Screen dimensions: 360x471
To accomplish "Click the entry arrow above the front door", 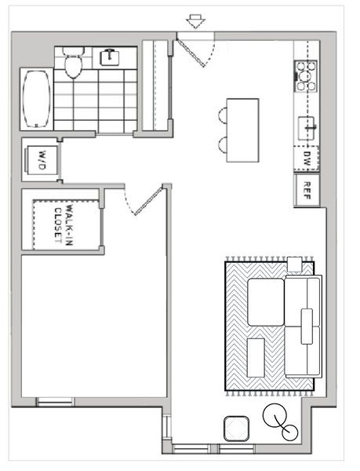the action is (195, 22).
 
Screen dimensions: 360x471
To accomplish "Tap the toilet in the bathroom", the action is (74, 63).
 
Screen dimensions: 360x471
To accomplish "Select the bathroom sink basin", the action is (109, 57).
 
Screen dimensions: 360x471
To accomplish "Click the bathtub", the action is (37, 99).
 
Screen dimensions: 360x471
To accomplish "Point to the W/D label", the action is (42, 160).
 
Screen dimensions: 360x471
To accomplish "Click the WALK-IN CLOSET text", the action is (64, 225).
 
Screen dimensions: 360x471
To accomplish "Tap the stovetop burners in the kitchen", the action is (306, 76).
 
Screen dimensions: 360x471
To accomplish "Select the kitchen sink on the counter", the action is (307, 128).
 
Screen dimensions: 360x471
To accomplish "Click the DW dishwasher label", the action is (307, 159).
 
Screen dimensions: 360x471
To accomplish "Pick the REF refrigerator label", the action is (307, 191).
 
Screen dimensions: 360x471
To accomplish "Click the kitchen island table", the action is (242, 130).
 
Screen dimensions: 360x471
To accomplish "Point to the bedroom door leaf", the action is (148, 201).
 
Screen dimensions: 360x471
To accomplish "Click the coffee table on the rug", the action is (256, 357).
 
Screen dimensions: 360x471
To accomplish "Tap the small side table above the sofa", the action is (294, 264).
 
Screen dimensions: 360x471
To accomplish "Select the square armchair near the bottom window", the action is (236, 429).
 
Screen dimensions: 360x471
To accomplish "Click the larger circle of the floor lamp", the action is (275, 416).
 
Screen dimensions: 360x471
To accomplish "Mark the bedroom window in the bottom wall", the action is (55, 402).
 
